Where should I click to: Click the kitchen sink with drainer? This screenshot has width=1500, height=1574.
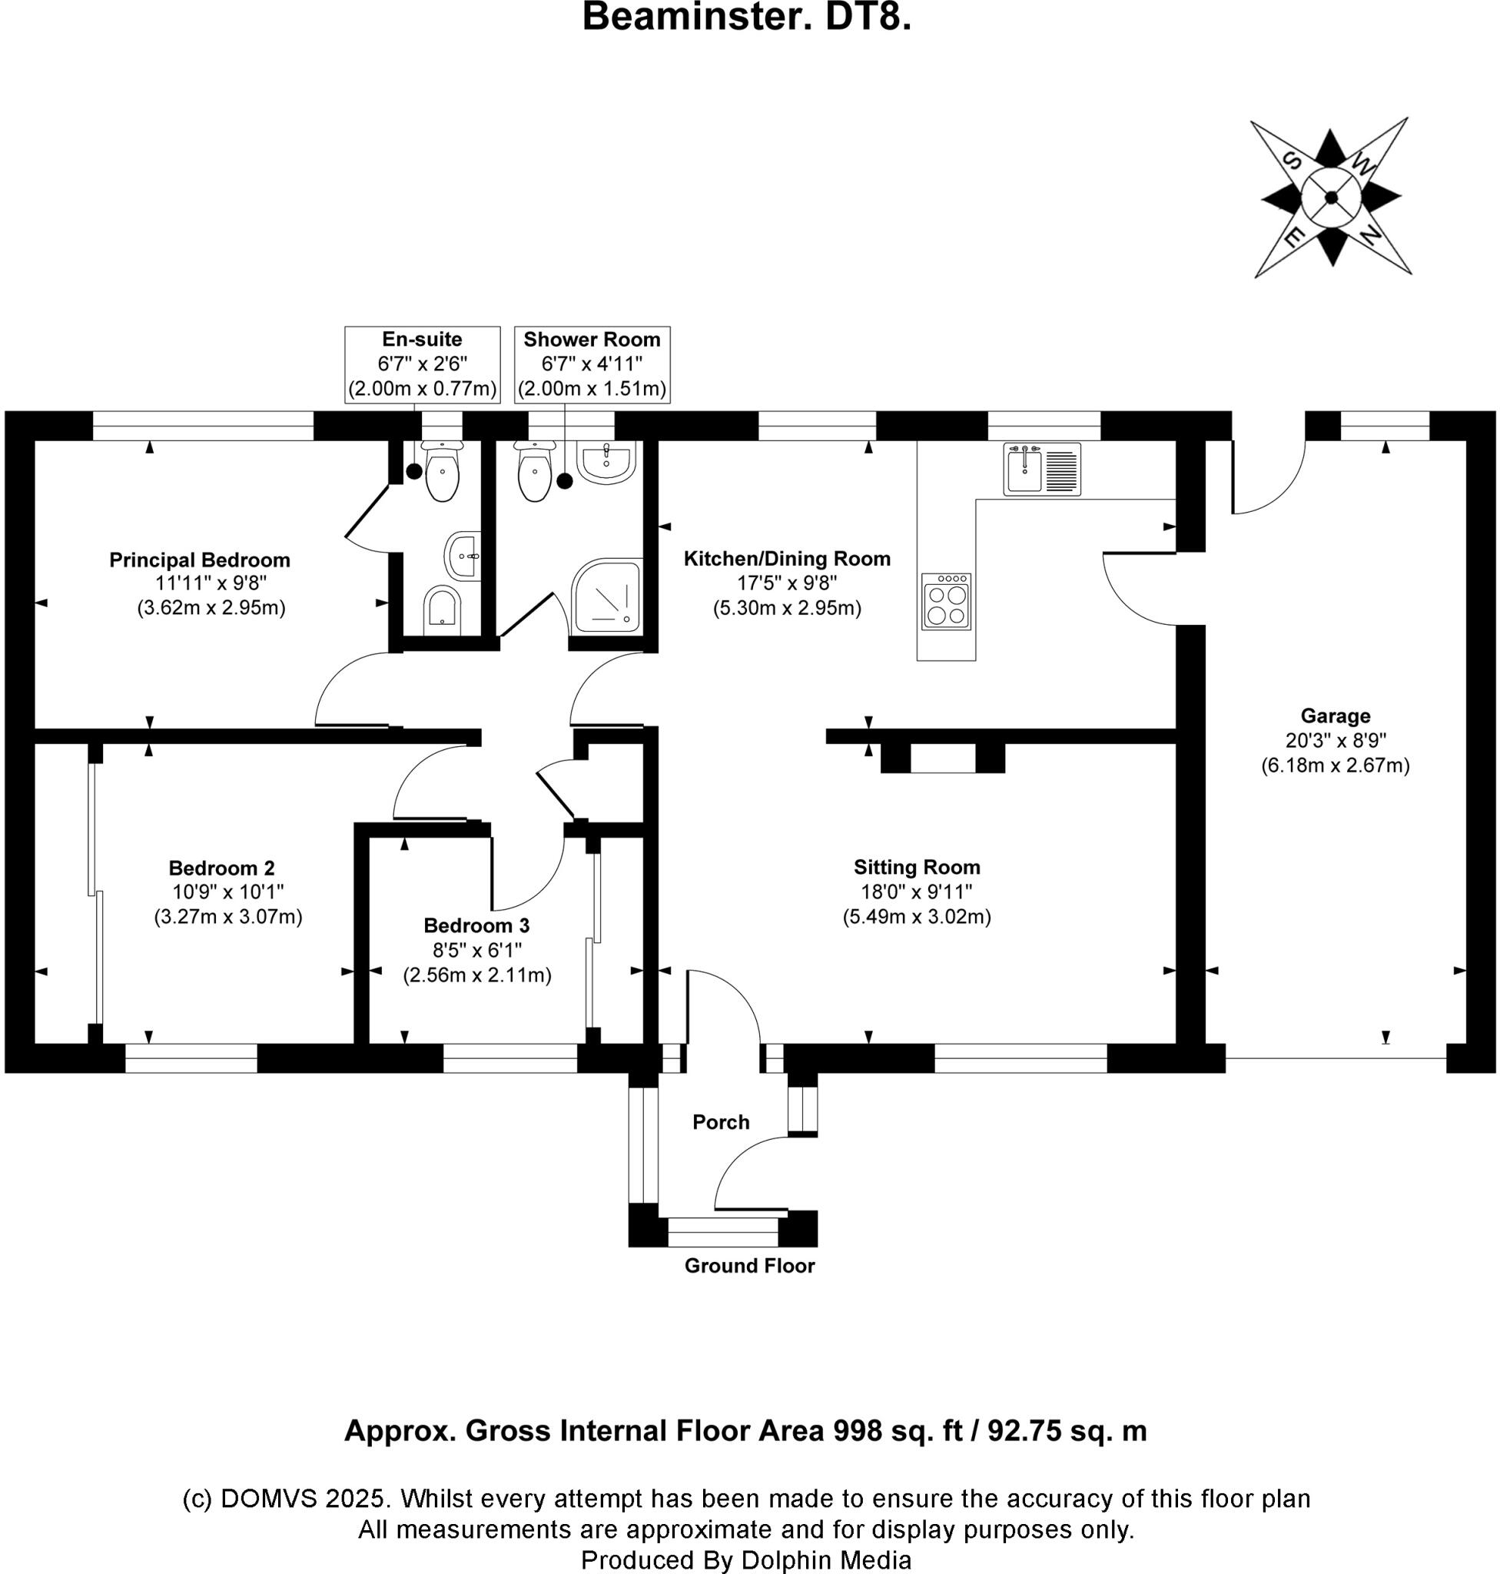(x=1042, y=470)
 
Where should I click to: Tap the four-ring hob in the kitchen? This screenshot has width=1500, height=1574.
(x=946, y=602)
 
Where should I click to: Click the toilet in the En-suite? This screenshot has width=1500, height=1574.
(x=442, y=473)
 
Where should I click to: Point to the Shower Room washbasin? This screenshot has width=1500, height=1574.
(x=606, y=462)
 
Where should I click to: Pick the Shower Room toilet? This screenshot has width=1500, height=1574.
(x=532, y=473)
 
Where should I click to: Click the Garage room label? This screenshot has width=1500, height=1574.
(x=1336, y=716)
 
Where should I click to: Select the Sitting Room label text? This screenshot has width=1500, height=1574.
(x=916, y=867)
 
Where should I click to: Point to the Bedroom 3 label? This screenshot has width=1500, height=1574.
(x=476, y=925)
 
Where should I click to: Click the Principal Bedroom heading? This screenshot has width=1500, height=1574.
(x=200, y=560)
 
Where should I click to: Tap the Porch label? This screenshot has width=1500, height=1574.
(x=721, y=1122)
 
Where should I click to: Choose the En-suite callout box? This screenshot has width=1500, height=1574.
(x=422, y=364)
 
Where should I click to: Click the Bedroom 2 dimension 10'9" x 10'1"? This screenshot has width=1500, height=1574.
(x=228, y=892)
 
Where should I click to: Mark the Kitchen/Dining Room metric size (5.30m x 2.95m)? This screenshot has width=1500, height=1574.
(x=787, y=608)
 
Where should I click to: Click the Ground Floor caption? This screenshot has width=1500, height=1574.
(x=749, y=1265)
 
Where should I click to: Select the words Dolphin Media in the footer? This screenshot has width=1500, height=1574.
(x=826, y=1559)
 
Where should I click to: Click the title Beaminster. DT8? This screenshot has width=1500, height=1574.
(x=747, y=18)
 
